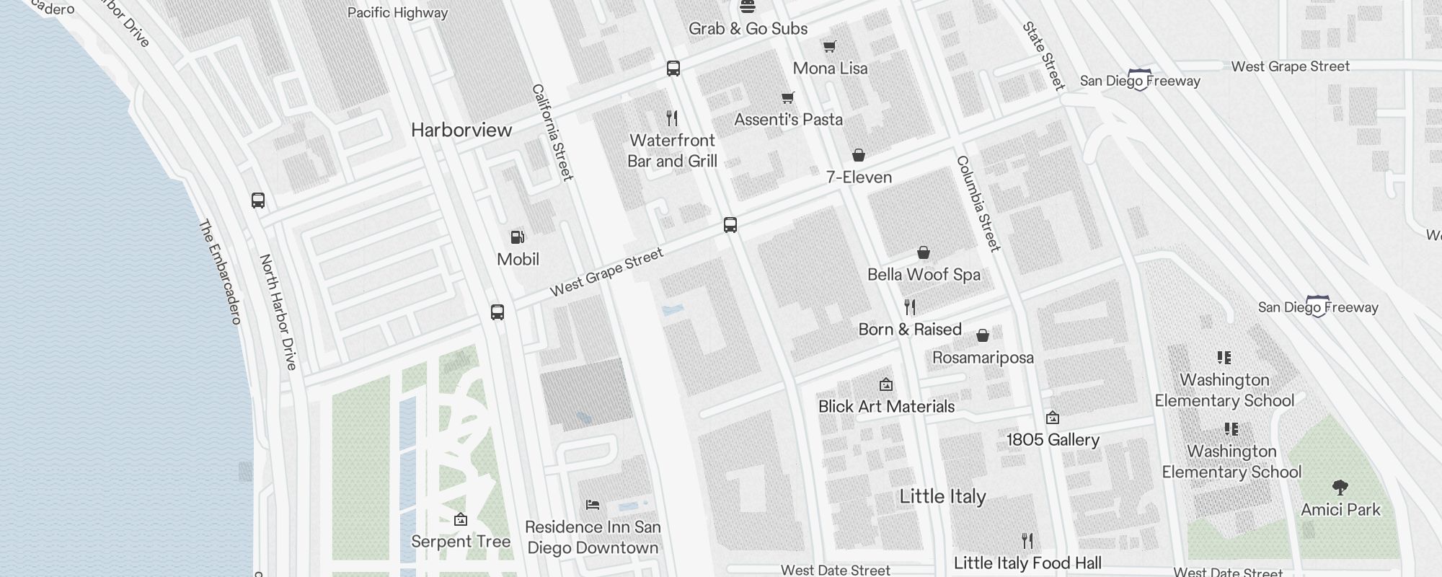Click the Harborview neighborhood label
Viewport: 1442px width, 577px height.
[461, 130]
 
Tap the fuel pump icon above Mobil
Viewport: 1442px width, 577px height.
[517, 237]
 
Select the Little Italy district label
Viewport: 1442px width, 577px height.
[942, 496]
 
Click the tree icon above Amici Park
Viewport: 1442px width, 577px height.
[1340, 488]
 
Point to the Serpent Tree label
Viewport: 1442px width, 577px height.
[461, 542]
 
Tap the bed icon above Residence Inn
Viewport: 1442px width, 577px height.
[593, 505]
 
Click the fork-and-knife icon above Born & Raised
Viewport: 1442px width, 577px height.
[910, 307]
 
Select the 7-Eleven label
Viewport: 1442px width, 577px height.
[859, 177]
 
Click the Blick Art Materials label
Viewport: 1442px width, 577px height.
[886, 407]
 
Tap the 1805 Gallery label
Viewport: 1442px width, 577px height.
[1053, 440]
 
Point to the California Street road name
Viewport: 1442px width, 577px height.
[552, 132]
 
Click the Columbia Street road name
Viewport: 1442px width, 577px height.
[978, 203]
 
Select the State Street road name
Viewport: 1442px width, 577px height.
[1043, 56]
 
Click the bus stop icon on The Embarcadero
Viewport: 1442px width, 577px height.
[258, 201]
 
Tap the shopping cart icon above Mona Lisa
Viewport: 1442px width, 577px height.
[830, 47]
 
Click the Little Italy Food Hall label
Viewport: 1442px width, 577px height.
[1027, 563]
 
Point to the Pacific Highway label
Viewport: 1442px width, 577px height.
[397, 13]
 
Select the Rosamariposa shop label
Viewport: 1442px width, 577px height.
[983, 358]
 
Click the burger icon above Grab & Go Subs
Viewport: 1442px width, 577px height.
[748, 7]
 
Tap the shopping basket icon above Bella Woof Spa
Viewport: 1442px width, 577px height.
[924, 252]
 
